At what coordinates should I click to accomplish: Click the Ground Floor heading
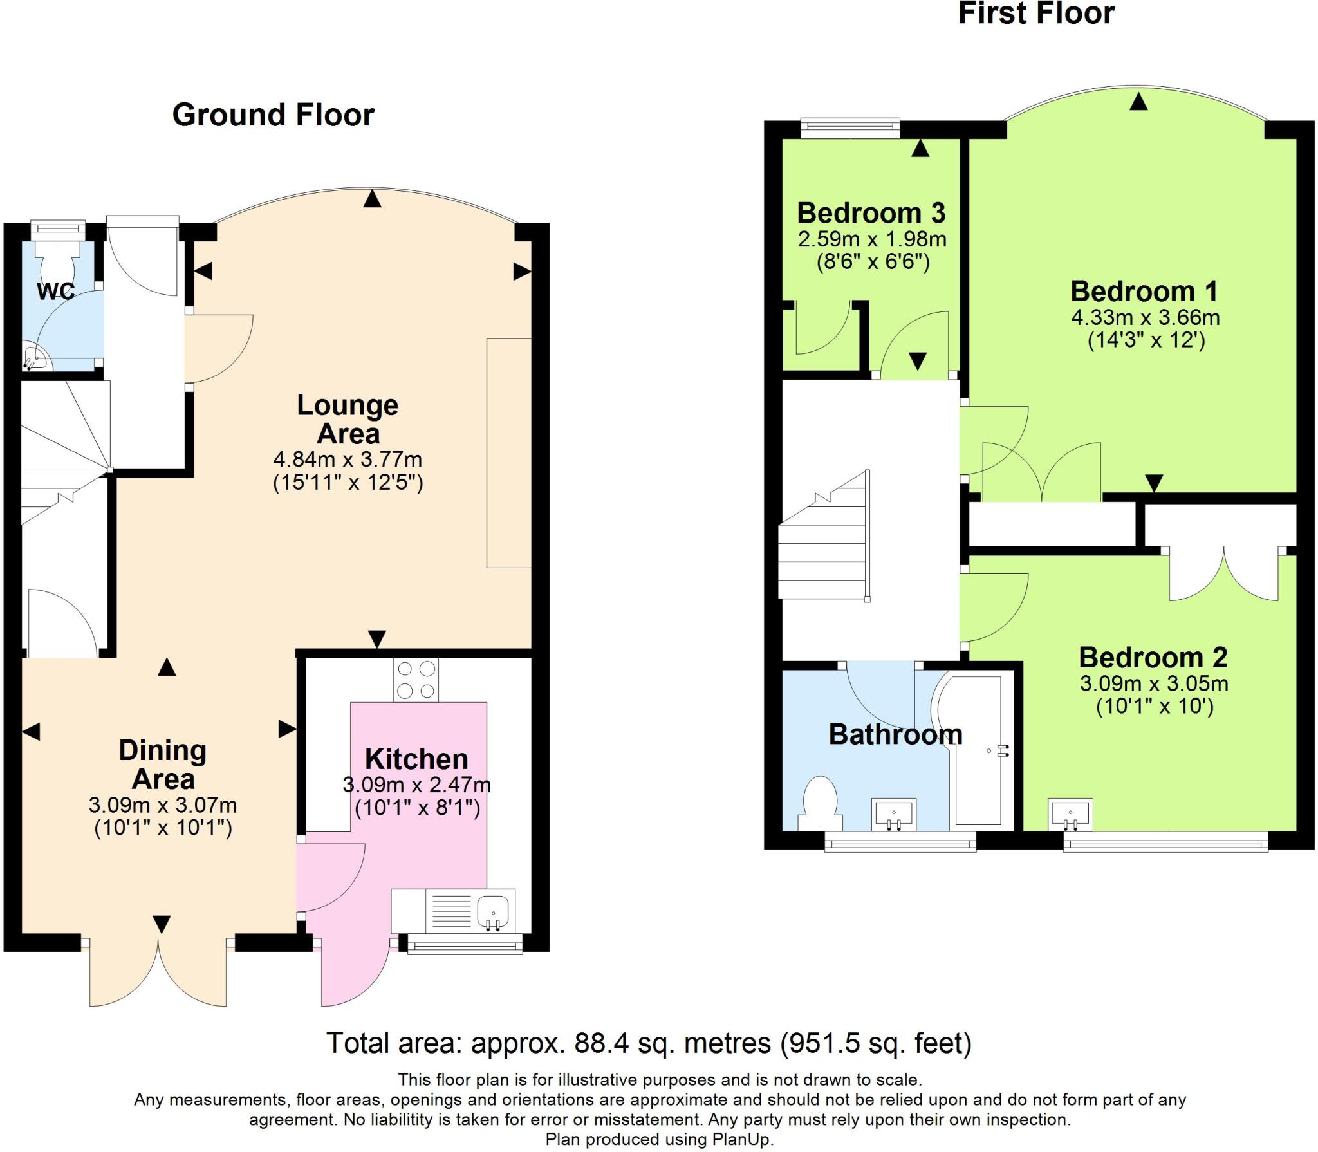(273, 115)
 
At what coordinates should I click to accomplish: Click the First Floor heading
(1036, 14)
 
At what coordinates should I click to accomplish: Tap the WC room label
(56, 292)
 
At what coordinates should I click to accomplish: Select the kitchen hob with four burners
(416, 680)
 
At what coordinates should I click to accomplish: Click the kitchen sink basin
(493, 913)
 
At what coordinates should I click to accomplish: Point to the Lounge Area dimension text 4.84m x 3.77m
(348, 460)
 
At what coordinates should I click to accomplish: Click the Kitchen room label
(416, 759)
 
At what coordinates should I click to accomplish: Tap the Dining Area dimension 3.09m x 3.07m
(163, 805)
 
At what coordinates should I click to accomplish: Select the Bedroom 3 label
(871, 212)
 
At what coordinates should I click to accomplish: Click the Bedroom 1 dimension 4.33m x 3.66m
(1146, 317)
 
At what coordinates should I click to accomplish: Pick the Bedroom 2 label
(1153, 657)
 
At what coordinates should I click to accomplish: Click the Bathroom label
(895, 734)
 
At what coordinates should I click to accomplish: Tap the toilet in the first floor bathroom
(821, 804)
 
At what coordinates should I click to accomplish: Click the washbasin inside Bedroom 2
(1071, 815)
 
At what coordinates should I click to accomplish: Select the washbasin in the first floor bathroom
(894, 815)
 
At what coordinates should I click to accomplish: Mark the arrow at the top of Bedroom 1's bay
(1138, 101)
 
